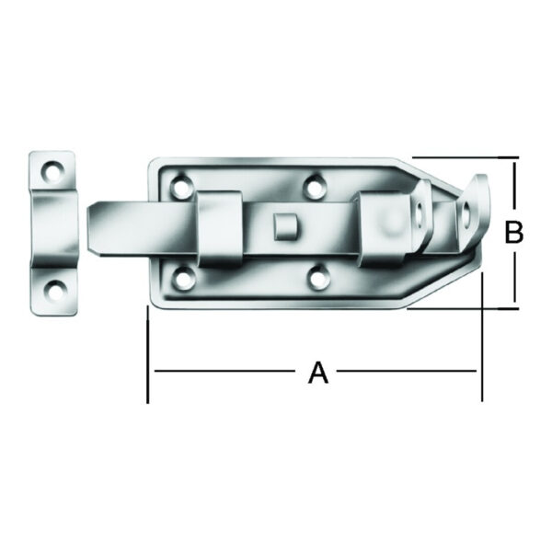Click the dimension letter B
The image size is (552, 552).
click(x=513, y=232)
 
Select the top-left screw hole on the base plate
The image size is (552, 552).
click(x=181, y=186)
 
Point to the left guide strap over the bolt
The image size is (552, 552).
click(x=219, y=229)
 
